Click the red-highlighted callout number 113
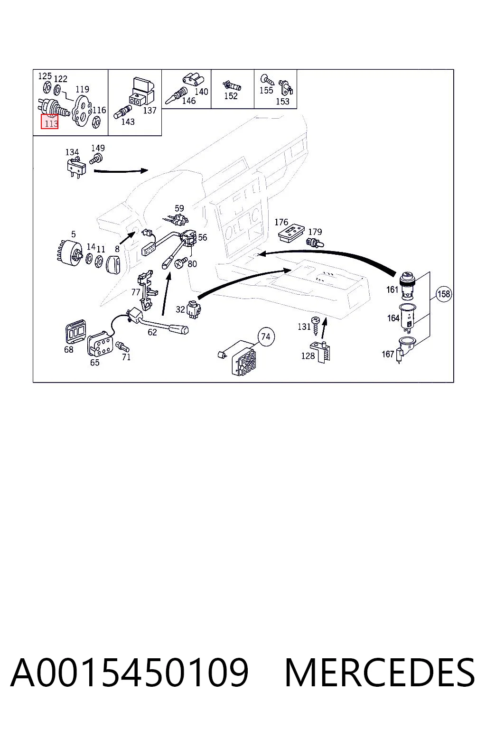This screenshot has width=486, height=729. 49,121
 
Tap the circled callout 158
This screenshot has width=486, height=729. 443,294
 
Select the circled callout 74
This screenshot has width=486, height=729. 266,337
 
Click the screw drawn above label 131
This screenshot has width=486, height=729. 315,326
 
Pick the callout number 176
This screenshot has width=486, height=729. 281,222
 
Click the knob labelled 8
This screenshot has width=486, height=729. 113,264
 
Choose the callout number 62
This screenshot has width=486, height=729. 152,332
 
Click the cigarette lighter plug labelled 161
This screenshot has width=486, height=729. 407,285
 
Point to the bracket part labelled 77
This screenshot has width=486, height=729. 147,290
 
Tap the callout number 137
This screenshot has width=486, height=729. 150,111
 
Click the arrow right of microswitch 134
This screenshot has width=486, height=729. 121,170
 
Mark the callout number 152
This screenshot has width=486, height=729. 231,96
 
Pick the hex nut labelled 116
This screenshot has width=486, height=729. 96,122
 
